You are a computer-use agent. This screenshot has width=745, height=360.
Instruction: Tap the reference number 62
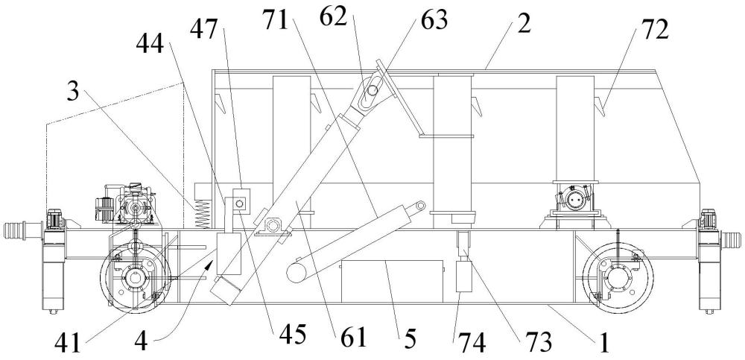[x=333, y=18]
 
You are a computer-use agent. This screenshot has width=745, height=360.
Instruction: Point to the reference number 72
[x=654, y=30]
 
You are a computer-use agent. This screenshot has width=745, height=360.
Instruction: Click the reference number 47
[x=205, y=30]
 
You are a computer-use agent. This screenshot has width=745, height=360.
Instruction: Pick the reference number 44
[x=150, y=45]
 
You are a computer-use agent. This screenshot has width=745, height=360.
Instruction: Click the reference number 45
[x=291, y=335]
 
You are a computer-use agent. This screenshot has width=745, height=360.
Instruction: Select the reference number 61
[x=354, y=338]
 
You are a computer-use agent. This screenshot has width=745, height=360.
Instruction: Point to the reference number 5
[x=410, y=339]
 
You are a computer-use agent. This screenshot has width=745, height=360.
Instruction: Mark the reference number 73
[x=537, y=341]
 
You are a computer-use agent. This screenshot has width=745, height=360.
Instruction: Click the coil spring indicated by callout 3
[x=203, y=214]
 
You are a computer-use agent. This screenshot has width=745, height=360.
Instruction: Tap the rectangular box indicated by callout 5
[x=392, y=281]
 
